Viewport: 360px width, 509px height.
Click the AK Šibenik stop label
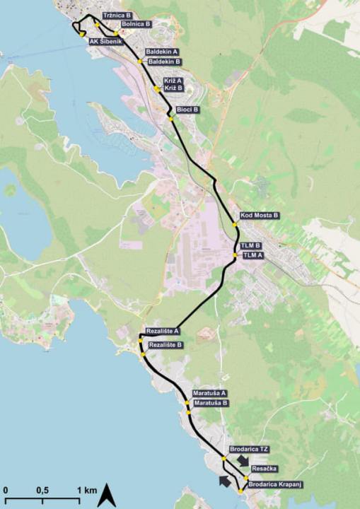pos(107,41)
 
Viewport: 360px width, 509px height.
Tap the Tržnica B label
pos(117,15)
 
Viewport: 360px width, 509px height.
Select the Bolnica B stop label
pos(137,24)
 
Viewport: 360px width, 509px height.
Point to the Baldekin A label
pos(161,52)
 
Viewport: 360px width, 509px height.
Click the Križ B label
pos(173,88)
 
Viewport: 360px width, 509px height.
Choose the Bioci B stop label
pos(187,110)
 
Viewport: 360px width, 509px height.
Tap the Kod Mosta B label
pos(260,214)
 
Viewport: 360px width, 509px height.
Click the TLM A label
pos(252,254)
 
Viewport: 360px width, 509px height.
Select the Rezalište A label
pos(163,330)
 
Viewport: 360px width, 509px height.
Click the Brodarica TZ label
pos(250,449)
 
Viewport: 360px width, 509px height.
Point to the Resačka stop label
pos(264,469)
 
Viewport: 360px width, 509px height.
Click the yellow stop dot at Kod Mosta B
pos(235,225)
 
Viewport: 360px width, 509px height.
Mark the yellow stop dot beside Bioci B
pos(171,119)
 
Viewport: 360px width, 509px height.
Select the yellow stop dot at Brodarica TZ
pos(224,459)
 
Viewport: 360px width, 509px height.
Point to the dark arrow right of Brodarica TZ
pos(243,461)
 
